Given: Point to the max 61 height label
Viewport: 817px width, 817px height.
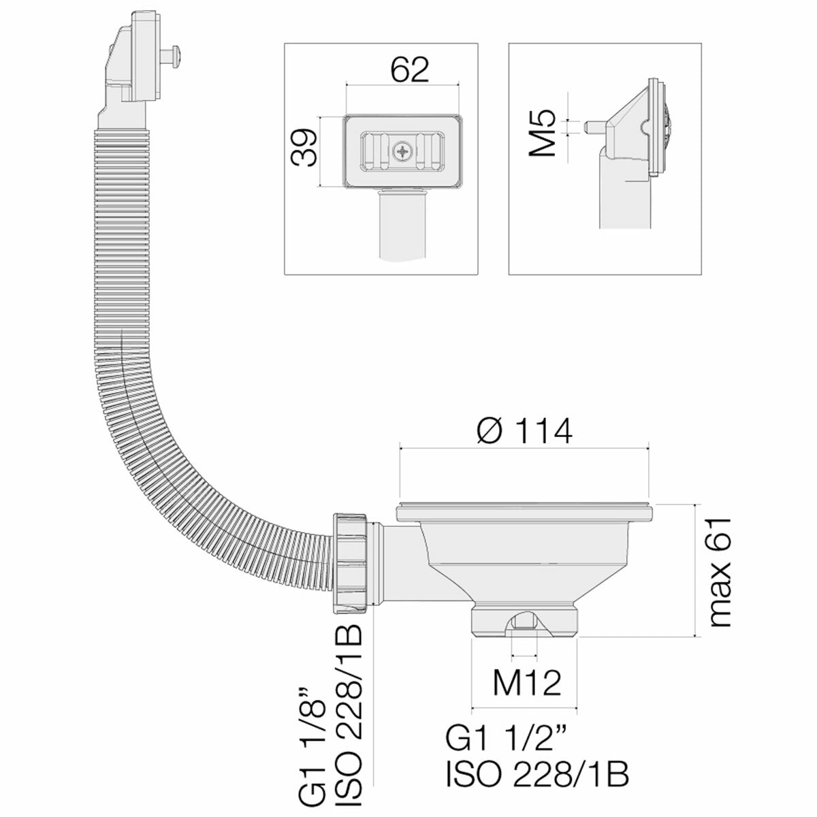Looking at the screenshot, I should [x=718, y=571].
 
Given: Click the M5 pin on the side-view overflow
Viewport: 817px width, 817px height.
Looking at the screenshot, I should [x=594, y=127].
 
